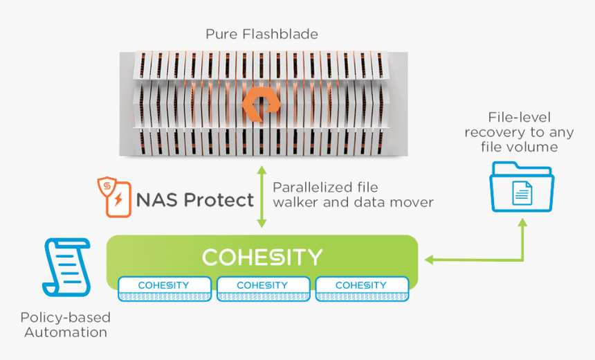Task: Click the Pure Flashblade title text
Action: (x=262, y=34)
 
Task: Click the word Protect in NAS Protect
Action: (x=217, y=200)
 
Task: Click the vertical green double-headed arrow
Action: (x=262, y=197)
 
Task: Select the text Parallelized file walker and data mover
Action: (x=353, y=195)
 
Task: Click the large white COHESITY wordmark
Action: (x=262, y=258)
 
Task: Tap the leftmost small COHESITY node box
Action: (x=164, y=289)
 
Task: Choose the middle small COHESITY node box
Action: (x=262, y=289)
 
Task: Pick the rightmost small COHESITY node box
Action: (x=360, y=289)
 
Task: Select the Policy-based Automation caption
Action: (x=66, y=325)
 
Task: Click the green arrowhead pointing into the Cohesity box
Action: (x=429, y=260)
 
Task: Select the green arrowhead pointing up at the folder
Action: (x=522, y=220)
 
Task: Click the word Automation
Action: (x=66, y=332)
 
